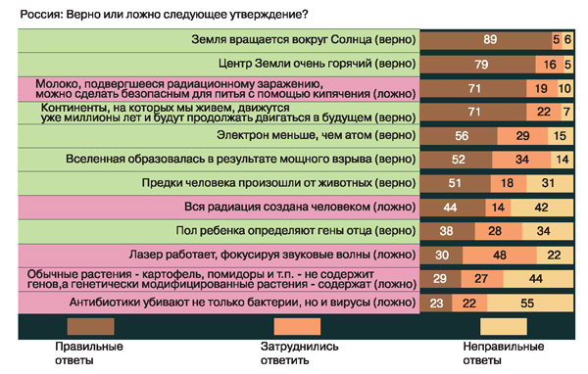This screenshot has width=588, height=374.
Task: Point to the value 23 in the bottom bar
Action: tap(437, 304)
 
